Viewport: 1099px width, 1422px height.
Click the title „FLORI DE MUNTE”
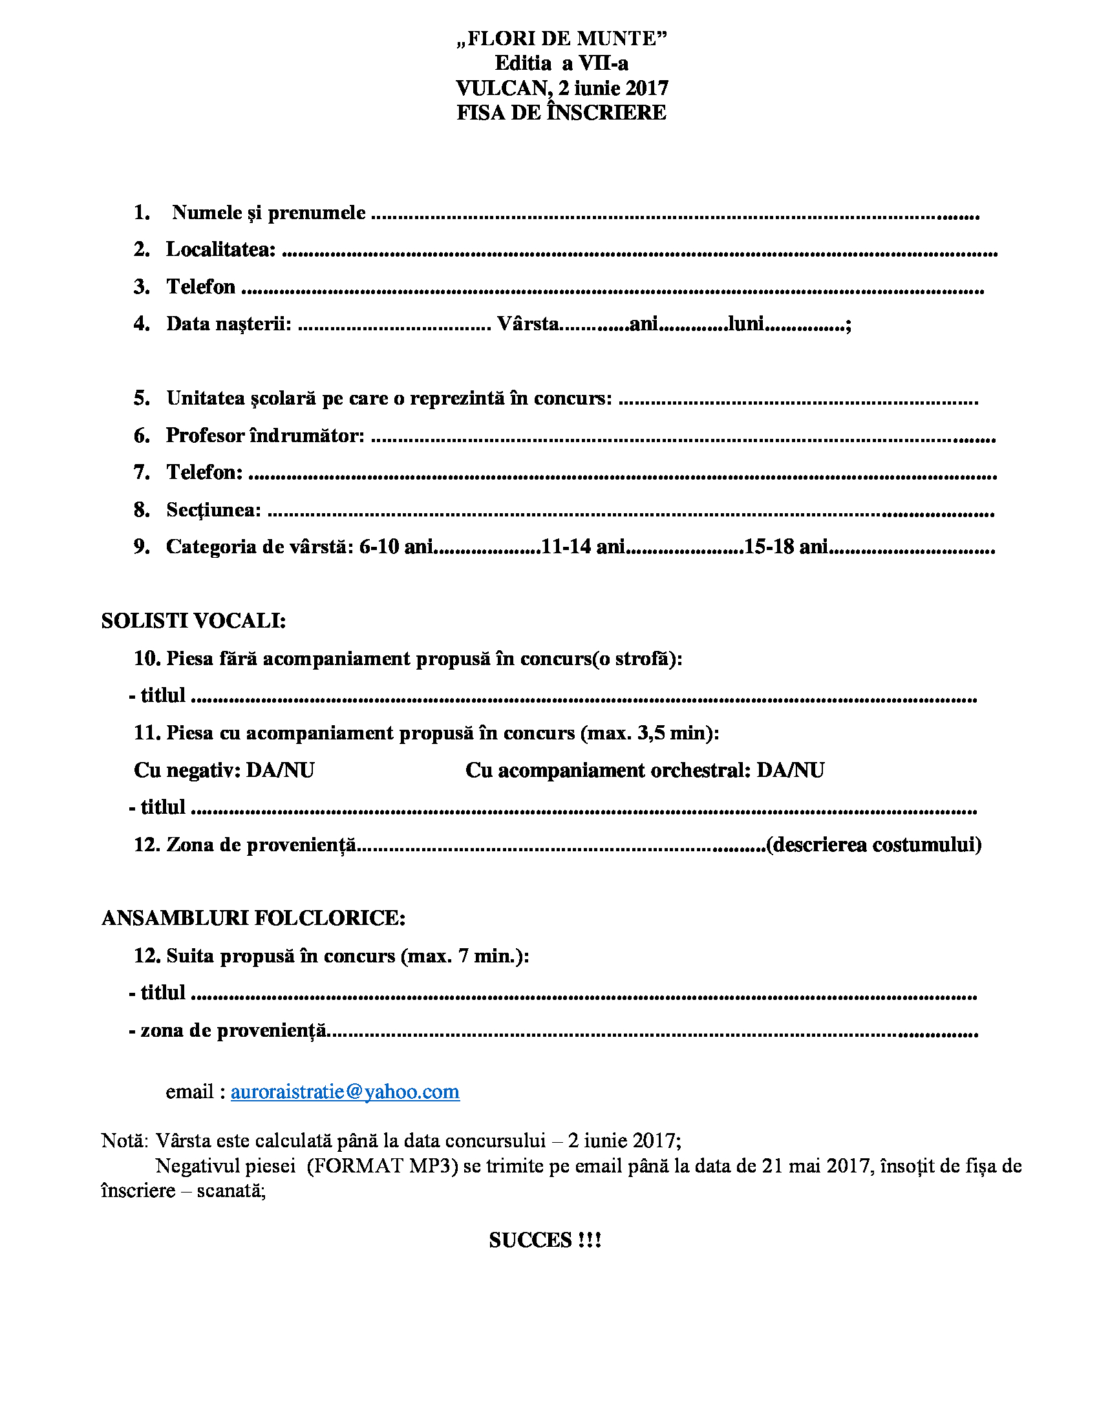[562, 39]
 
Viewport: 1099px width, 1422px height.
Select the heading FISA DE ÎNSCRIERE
[561, 112]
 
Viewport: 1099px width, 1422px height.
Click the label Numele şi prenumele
[268, 213]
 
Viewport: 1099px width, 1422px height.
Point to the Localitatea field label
[220, 249]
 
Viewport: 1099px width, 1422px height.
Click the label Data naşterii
[228, 324]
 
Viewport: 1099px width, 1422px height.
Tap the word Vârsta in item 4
[528, 324]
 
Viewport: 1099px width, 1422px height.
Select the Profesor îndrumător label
[265, 435]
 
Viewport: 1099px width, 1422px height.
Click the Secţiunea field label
[213, 510]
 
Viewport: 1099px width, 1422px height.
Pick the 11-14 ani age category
[582, 547]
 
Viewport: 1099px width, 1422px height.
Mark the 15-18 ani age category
[786, 547]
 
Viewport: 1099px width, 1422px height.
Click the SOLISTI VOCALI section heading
[193, 621]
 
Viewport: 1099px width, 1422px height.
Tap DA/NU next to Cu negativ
[280, 770]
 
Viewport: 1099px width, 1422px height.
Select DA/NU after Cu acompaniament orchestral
[790, 770]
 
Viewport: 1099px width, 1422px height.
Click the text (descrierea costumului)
[874, 845]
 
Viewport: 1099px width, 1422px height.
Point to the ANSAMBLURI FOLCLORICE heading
[253, 918]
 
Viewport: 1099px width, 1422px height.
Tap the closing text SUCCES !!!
[545, 1240]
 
